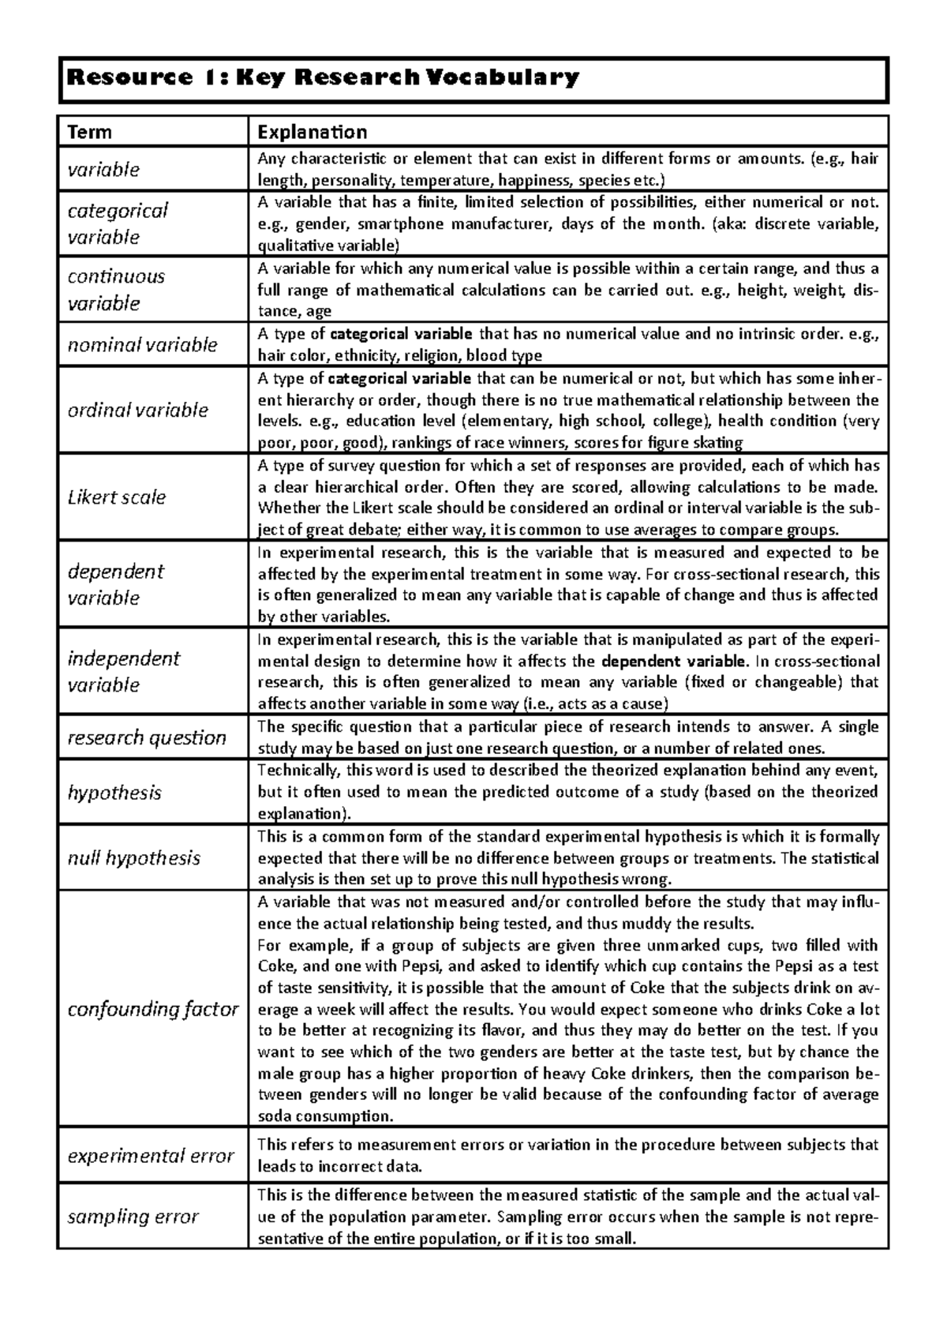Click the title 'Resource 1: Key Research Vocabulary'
click(x=324, y=78)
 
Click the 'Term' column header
click(x=89, y=132)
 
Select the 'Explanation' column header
click(x=313, y=132)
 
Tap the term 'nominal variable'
click(x=142, y=345)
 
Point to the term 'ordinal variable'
click(x=137, y=410)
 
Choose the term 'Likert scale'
click(x=117, y=497)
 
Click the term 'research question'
click(x=147, y=737)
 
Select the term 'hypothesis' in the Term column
click(x=114, y=793)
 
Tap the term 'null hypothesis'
click(x=134, y=858)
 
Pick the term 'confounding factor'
click(x=152, y=1009)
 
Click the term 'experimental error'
click(x=151, y=1156)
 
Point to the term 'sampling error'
click(x=133, y=1217)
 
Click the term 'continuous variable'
click(x=115, y=290)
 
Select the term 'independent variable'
click(x=123, y=671)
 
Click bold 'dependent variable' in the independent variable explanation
click(x=673, y=662)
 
